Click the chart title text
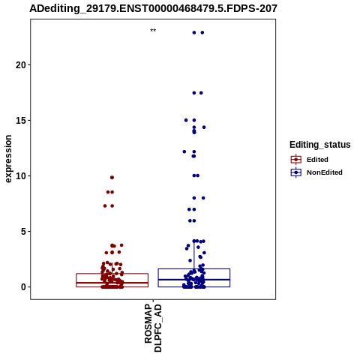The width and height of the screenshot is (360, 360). [153, 9]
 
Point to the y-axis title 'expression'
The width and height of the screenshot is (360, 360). [8, 159]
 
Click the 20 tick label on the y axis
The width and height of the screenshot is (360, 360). [21, 65]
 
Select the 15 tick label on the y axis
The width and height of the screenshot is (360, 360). [21, 121]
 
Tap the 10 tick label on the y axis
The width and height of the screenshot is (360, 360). [21, 176]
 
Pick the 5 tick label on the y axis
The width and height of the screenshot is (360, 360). [23, 232]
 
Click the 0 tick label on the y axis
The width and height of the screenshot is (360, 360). [23, 287]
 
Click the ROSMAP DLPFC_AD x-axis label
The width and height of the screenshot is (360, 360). [153, 328]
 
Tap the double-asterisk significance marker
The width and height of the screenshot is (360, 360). [153, 31]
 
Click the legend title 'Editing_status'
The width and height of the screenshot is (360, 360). [320, 145]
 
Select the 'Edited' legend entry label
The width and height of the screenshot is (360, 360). [317, 160]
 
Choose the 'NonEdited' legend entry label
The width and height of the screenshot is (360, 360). [325, 172]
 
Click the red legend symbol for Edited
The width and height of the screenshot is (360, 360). [296, 160]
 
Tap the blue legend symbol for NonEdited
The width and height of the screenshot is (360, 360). [296, 172]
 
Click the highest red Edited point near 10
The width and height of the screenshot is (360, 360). [112, 178]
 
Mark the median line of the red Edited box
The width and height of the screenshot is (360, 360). [112, 283]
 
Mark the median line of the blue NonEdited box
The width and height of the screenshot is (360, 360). [194, 280]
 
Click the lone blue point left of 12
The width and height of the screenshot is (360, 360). [184, 151]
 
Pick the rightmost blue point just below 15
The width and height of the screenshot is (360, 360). [204, 127]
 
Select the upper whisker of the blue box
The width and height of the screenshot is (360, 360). [194, 255]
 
